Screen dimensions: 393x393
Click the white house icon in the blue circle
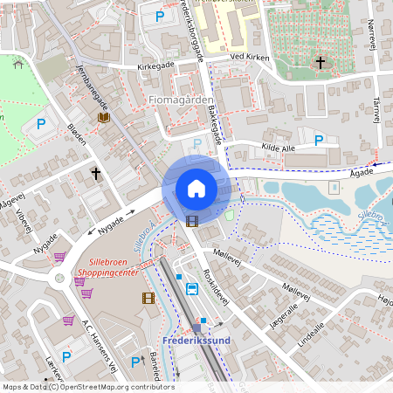196,189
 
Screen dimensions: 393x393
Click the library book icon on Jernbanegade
104,117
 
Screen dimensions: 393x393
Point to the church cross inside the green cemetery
321,63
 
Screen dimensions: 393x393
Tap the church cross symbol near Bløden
96,174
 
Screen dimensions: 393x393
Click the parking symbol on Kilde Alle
319,141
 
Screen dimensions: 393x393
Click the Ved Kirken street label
249,58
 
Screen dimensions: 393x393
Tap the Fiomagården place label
180,100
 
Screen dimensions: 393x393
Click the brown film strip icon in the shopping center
148,298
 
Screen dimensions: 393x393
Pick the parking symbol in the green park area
40,125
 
